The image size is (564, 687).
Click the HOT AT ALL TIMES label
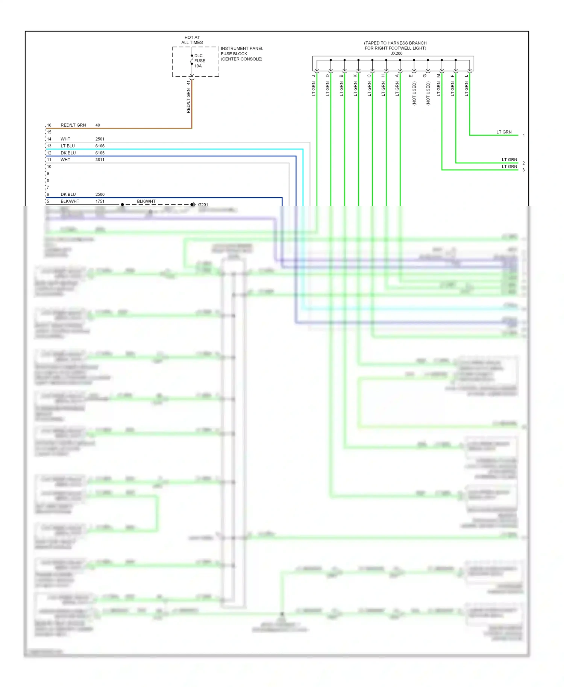[192, 40]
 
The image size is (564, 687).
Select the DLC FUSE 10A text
[199, 61]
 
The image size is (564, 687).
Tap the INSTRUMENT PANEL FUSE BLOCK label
[241, 53]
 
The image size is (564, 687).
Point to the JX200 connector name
[396, 53]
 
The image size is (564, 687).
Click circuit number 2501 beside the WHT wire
[100, 139]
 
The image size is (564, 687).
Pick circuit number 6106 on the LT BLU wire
[100, 146]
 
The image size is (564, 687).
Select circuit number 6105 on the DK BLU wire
[100, 153]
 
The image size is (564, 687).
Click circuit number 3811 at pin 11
[100, 160]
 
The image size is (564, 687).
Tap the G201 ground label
[203, 205]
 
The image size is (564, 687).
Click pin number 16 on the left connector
[49, 125]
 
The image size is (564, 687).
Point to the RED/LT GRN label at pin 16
[73, 125]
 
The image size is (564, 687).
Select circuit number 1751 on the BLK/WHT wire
[100, 201]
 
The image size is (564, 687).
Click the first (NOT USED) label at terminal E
[414, 93]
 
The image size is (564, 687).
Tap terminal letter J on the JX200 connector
[314, 76]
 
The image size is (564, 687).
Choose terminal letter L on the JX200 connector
[466, 76]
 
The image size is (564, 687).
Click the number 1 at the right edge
[523, 135]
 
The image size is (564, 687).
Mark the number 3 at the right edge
[523, 170]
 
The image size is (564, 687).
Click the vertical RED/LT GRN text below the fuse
[188, 101]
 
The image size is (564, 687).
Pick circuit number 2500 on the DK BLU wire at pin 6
[100, 194]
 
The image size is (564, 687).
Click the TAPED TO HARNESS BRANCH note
[395, 45]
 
